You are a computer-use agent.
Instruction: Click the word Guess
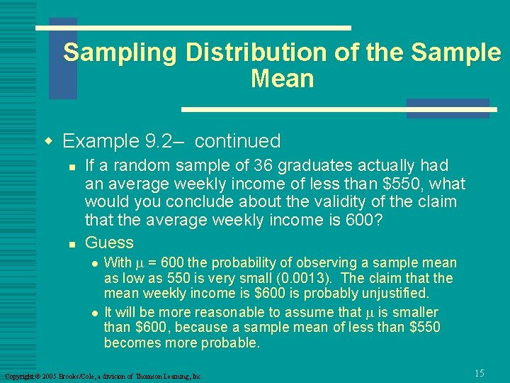pyautogui.click(x=109, y=242)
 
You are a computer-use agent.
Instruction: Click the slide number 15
pyautogui.click(x=480, y=373)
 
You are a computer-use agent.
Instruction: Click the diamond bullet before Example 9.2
pyautogui.click(x=49, y=141)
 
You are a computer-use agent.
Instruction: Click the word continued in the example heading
pyautogui.click(x=237, y=141)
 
